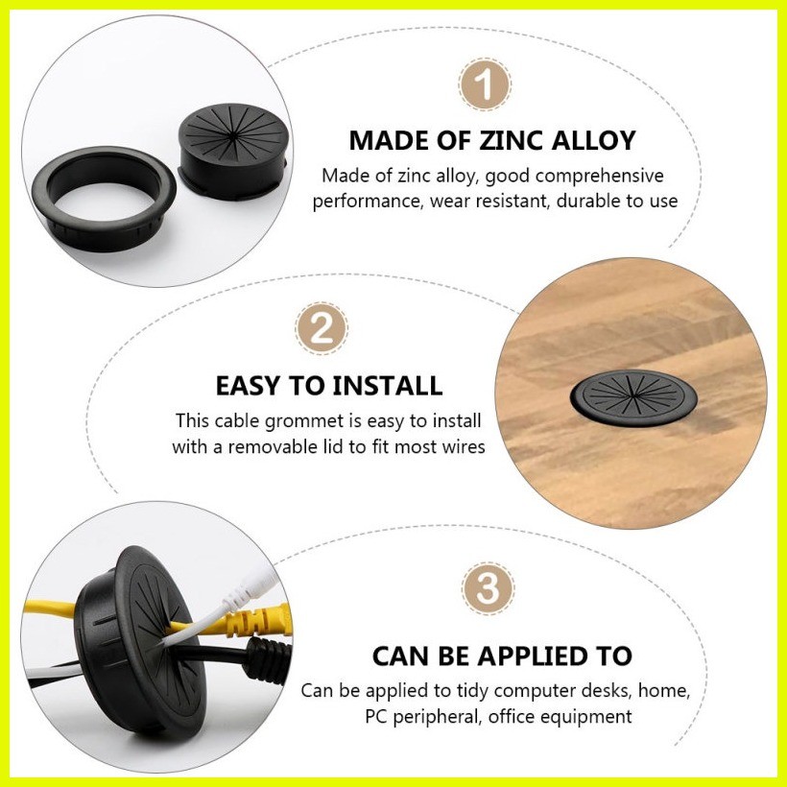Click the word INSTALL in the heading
click(x=387, y=386)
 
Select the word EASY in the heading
click(x=248, y=386)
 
